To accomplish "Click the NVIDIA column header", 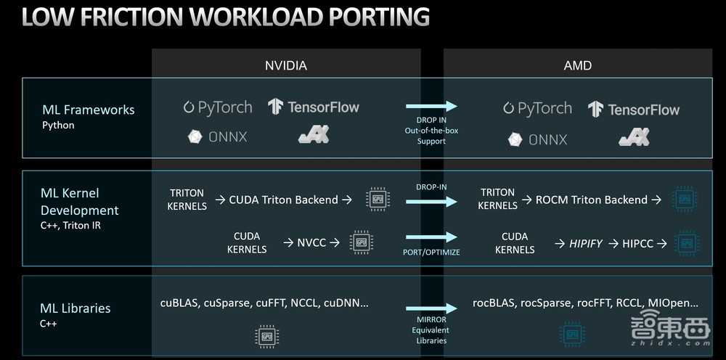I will point(286,65).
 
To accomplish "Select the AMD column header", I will point(578,65).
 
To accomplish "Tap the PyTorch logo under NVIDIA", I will point(218,107).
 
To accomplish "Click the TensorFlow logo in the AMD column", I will point(634,110).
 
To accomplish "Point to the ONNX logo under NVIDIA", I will point(218,136).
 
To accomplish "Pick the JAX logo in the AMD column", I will point(634,136).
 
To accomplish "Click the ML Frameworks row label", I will point(88,110).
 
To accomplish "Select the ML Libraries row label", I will point(76,308).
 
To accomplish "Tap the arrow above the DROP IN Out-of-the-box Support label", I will point(431,107).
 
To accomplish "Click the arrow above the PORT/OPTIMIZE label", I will point(431,237).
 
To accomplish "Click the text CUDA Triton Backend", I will point(283,200).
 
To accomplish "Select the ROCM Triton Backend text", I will point(591,200).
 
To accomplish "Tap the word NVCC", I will point(311,242).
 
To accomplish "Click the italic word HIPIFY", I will point(585,244).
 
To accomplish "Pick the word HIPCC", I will point(638,244).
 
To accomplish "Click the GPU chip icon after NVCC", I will point(362,242).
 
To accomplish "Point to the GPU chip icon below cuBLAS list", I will point(267,335).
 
